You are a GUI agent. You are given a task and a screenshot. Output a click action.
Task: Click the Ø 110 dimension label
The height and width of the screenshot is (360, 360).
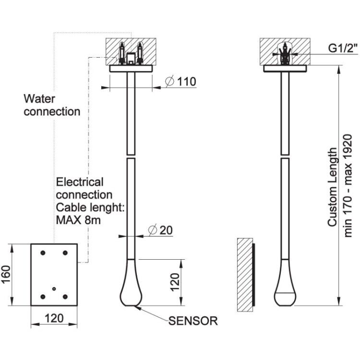[180, 82]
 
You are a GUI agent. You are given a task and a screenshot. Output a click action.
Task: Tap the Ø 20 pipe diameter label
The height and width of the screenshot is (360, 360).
[160, 230]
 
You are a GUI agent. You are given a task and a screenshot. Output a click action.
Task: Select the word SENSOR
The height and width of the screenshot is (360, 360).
[193, 321]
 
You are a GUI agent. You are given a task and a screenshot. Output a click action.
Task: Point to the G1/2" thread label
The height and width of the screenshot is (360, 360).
[343, 48]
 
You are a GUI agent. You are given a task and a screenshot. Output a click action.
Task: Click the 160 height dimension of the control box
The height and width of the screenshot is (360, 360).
[6, 275]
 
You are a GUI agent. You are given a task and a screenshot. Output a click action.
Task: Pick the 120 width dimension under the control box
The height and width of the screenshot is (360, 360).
[54, 318]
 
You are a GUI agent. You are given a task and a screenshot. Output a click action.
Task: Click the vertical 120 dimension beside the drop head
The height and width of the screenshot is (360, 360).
[175, 282]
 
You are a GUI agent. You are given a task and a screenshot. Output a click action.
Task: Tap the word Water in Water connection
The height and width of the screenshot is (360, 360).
[39, 99]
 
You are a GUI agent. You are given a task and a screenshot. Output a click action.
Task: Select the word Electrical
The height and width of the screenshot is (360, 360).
[80, 182]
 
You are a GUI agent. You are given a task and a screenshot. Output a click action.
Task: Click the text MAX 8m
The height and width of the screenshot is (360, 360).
[78, 220]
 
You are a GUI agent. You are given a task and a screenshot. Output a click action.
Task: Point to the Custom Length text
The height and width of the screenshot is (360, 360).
[332, 187]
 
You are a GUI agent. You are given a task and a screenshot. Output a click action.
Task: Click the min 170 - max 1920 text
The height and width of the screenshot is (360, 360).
[348, 186]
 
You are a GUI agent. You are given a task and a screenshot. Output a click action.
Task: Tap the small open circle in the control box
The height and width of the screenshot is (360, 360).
[54, 288]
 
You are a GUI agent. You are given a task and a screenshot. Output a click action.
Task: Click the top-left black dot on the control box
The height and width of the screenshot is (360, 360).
[43, 253]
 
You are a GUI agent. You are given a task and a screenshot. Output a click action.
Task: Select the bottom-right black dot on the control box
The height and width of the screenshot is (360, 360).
[65, 297]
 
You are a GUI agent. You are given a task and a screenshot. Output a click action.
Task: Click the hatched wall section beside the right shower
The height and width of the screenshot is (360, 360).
[245, 275]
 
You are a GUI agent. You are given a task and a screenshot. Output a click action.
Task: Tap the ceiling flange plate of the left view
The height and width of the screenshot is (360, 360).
[131, 69]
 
